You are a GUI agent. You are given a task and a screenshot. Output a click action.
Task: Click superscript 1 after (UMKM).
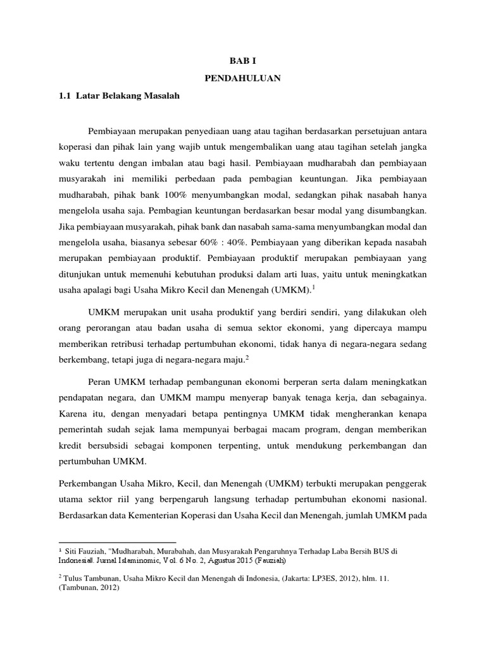pos(313,287)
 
